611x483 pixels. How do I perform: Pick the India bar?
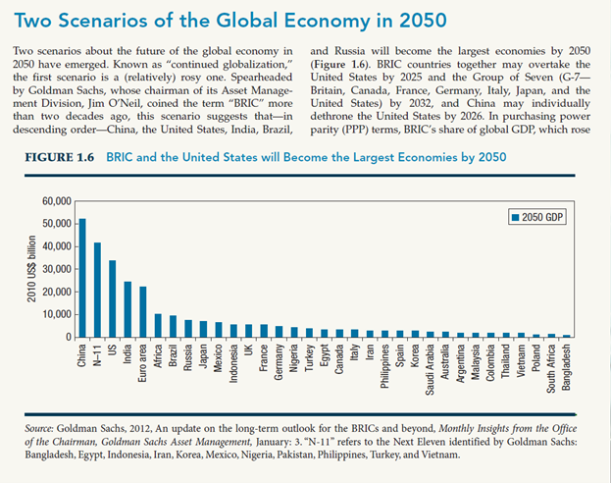tap(127, 309)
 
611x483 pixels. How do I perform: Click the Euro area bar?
tap(143, 312)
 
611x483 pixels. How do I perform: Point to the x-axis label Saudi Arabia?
tap(431, 371)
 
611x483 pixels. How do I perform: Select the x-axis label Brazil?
tap(174, 356)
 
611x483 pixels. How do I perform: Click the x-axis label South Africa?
tap(551, 369)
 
